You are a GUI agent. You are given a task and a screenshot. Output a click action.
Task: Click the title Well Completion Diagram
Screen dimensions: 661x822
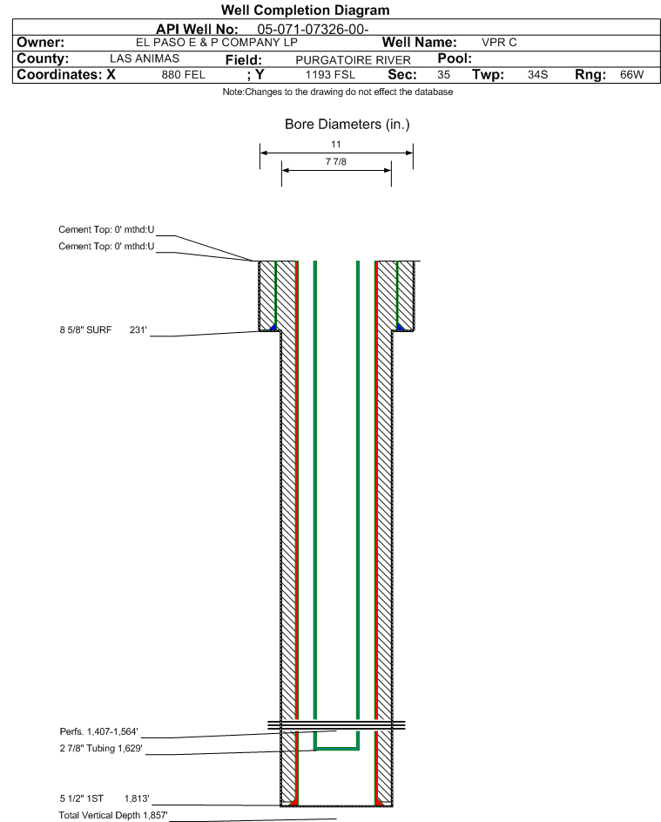click(306, 10)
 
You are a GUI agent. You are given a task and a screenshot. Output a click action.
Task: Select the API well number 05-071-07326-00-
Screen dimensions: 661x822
click(313, 30)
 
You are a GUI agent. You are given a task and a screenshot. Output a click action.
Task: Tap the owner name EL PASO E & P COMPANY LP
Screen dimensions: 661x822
click(216, 43)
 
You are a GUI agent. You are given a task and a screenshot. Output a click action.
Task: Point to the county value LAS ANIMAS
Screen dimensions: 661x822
click(145, 58)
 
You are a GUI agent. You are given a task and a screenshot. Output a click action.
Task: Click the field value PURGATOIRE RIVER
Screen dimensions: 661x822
click(353, 60)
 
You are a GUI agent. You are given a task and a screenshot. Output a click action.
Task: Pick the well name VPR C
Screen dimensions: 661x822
click(499, 43)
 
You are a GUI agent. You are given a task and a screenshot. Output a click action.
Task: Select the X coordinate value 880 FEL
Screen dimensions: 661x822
click(183, 75)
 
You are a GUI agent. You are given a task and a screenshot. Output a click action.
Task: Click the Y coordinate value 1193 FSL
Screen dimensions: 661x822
click(331, 75)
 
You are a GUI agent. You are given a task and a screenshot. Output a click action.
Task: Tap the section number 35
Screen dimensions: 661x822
click(443, 75)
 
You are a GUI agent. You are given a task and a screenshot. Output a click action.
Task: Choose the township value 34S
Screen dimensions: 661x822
click(538, 75)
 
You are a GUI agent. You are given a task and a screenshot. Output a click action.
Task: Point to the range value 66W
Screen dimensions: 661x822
click(631, 75)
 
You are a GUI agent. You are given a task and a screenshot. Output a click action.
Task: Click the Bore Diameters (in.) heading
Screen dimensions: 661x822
click(347, 125)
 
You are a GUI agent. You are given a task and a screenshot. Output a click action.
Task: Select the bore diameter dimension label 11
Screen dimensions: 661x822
click(336, 144)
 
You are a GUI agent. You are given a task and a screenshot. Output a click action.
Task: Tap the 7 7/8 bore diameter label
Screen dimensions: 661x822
click(336, 161)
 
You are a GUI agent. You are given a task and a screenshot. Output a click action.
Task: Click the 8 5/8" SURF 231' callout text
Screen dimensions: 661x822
click(103, 329)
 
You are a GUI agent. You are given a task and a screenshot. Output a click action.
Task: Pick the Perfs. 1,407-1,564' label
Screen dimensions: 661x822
click(99, 731)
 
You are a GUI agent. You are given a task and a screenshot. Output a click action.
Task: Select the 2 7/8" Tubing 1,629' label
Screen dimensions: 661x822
click(101, 748)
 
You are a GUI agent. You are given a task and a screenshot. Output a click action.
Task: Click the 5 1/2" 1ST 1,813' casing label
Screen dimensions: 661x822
click(105, 798)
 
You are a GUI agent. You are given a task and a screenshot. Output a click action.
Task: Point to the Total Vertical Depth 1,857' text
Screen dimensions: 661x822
click(113, 815)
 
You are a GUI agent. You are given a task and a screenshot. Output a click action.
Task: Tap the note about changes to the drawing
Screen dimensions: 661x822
click(338, 92)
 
